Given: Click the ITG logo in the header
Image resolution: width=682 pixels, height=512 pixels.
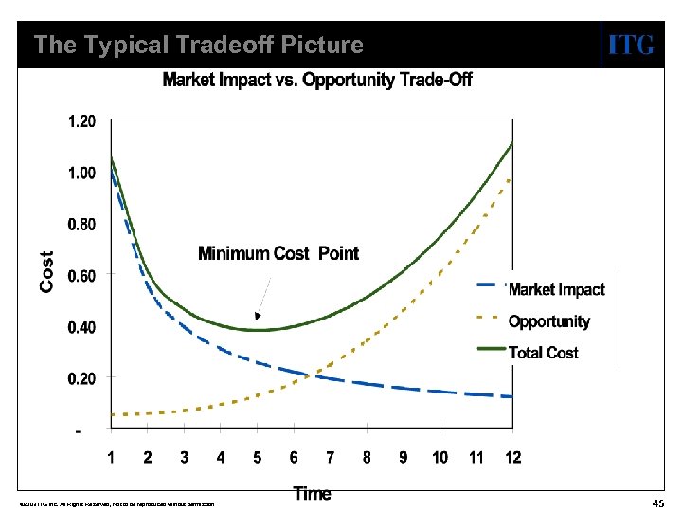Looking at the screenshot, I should pyautogui.click(x=630, y=45).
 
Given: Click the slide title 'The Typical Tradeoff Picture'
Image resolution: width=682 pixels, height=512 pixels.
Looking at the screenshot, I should pyautogui.click(x=198, y=45).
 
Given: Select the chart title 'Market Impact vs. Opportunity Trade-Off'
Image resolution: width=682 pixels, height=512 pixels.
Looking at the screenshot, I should pyautogui.click(x=317, y=80).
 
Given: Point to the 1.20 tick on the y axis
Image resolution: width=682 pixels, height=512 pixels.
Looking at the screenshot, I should pyautogui.click(x=81, y=121).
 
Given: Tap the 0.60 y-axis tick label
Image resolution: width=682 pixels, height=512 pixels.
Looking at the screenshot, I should pyautogui.click(x=81, y=276).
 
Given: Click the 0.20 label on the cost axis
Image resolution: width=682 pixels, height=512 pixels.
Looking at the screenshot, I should pyautogui.click(x=81, y=378).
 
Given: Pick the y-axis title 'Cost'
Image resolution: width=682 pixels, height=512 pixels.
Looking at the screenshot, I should pyautogui.click(x=46, y=271).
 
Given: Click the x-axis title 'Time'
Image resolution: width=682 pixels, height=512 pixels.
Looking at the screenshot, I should pyautogui.click(x=312, y=493).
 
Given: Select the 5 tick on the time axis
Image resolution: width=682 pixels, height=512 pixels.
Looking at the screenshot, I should pyautogui.click(x=257, y=458).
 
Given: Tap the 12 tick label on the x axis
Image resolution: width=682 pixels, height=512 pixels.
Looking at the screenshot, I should pyautogui.click(x=512, y=458).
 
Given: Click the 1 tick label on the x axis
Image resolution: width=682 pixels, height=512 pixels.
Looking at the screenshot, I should pyautogui.click(x=111, y=458).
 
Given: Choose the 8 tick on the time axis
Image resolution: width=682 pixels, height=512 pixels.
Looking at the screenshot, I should pyautogui.click(x=367, y=458).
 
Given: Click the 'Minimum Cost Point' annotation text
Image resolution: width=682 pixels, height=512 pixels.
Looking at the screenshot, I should pyautogui.click(x=278, y=253).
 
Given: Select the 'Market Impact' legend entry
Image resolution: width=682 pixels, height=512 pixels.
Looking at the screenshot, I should pyautogui.click(x=556, y=289).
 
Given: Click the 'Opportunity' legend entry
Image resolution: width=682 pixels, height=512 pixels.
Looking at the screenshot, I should pyautogui.click(x=548, y=321).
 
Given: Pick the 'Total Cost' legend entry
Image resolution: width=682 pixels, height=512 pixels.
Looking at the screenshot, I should pyautogui.click(x=543, y=353).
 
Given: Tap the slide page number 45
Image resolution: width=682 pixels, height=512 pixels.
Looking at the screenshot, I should pyautogui.click(x=657, y=503).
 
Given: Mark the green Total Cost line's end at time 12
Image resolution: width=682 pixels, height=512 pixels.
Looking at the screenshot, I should pyautogui.click(x=511, y=144).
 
